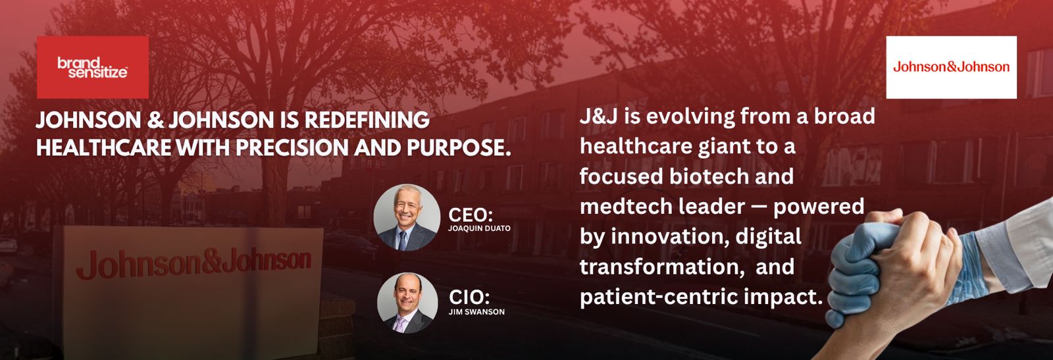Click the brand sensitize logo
click(93, 67)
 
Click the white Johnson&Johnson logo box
click(952, 67)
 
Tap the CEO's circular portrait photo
click(407, 217)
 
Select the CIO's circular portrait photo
click(407, 303)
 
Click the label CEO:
click(471, 215)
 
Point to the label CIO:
click(469, 297)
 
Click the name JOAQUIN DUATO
click(479, 228)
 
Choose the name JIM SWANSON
click(476, 311)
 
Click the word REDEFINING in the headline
click(367, 120)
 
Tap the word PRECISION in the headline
click(292, 147)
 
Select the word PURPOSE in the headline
click(458, 147)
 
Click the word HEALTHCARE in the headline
click(103, 147)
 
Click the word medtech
click(621, 207)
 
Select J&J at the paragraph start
click(598, 116)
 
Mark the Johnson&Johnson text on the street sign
click(193, 265)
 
